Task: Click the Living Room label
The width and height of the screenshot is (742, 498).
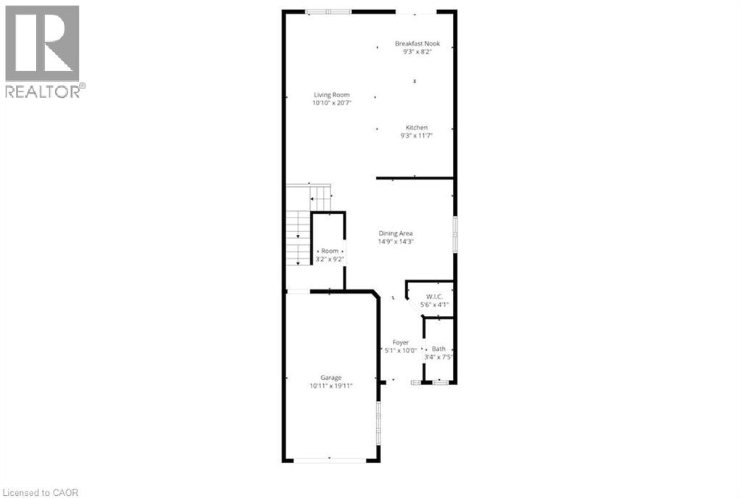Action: pyautogui.click(x=332, y=95)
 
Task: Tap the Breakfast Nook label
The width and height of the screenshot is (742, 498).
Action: pyautogui.click(x=417, y=43)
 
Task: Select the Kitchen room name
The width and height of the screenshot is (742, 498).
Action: pyautogui.click(x=417, y=128)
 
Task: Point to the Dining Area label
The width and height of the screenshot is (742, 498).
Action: pyautogui.click(x=396, y=233)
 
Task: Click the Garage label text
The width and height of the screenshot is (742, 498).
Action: pyautogui.click(x=330, y=378)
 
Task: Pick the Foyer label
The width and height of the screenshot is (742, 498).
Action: pyautogui.click(x=400, y=342)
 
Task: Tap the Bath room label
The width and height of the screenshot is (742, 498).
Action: pyautogui.click(x=438, y=349)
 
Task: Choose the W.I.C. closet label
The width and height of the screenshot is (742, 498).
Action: pyautogui.click(x=435, y=296)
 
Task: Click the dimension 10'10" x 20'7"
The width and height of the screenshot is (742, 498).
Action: pyautogui.click(x=332, y=103)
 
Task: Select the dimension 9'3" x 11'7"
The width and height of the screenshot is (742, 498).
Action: pyautogui.click(x=417, y=136)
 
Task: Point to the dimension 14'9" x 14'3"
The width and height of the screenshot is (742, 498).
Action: pyautogui.click(x=396, y=241)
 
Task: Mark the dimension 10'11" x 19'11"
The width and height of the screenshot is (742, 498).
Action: pyautogui.click(x=330, y=386)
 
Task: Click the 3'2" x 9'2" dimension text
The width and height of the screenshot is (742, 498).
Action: pyautogui.click(x=330, y=260)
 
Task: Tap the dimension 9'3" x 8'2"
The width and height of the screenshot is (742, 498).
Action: pyautogui.click(x=417, y=51)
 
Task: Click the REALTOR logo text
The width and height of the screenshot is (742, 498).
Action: pyautogui.click(x=44, y=91)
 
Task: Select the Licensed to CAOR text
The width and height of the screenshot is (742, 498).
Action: pyautogui.click(x=41, y=493)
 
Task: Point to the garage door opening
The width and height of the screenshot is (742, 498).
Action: pyautogui.click(x=330, y=459)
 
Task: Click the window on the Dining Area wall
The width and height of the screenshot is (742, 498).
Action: pyautogui.click(x=455, y=234)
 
